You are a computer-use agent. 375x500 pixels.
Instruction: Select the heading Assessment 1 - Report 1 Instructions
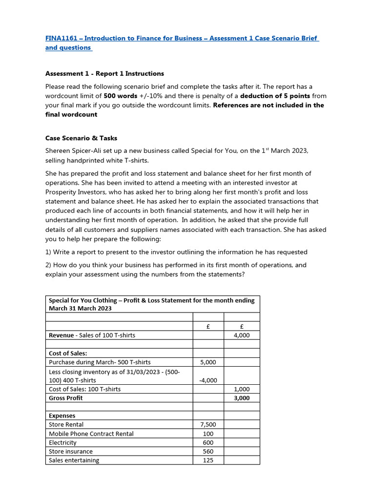[104, 73]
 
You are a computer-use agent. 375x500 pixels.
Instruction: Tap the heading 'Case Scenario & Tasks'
[81, 138]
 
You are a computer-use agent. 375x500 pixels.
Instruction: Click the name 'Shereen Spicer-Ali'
[74, 151]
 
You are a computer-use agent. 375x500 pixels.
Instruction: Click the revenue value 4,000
[241, 335]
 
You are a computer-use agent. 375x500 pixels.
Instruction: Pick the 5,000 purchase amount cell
[208, 362]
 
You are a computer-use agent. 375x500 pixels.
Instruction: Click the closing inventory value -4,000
[208, 380]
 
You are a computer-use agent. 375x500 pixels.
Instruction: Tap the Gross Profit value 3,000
[241, 398]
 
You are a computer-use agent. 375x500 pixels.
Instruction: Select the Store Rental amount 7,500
[208, 425]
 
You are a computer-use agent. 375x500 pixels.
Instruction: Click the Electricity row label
[62, 442]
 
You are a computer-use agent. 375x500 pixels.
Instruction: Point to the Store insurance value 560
[208, 451]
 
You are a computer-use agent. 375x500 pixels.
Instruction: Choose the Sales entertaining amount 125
[208, 460]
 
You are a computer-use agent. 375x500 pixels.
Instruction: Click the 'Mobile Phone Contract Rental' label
[91, 434]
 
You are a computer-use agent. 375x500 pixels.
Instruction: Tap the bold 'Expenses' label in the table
[62, 416]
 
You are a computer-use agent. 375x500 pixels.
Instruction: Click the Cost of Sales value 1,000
[241, 389]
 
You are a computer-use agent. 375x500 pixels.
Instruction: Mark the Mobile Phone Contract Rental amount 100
[208, 434]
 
